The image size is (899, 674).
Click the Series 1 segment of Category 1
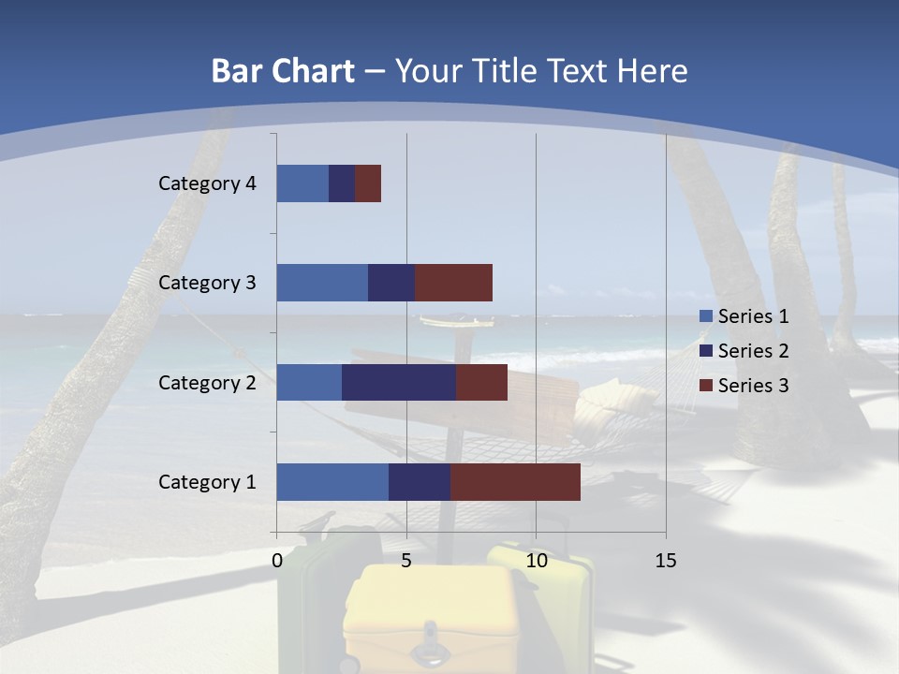coord(332,482)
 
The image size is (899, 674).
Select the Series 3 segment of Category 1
coord(515,482)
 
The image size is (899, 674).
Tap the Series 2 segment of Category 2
coord(399,382)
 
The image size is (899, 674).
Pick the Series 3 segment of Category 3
coord(453,283)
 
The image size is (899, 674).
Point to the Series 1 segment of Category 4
coord(302,183)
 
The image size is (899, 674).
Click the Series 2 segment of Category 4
coord(342,183)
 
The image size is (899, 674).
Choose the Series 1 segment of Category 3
coord(322,283)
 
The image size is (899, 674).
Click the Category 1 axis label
coord(207,482)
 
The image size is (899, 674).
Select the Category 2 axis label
coord(207,382)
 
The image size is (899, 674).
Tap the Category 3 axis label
coord(207,283)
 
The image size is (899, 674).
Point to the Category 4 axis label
coord(207,183)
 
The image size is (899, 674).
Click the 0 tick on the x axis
coord(277,561)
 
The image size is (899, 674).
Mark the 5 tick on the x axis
coord(406,561)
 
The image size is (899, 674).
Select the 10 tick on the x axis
coord(536,561)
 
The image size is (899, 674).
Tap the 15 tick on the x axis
coord(666,561)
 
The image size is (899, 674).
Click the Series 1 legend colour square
coord(706,316)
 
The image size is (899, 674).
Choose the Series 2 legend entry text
coord(753,351)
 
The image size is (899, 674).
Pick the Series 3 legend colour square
coord(706,386)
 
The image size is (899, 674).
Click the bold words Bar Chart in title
coord(283,71)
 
